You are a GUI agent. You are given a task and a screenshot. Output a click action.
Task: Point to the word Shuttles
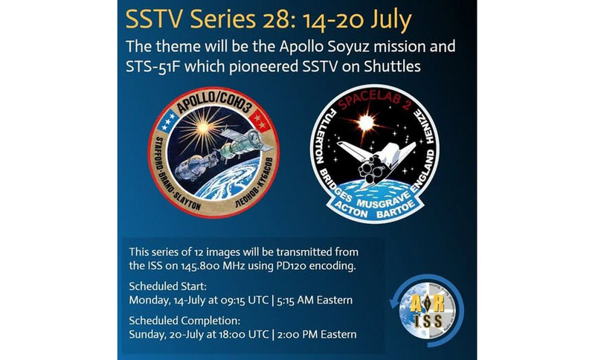coord(393,66)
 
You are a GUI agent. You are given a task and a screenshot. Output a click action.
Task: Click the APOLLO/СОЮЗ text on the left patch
coord(214,104)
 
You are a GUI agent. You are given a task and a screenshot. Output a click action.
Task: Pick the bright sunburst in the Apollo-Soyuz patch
coord(202,127)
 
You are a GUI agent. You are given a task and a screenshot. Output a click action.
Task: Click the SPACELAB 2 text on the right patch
coord(374,100)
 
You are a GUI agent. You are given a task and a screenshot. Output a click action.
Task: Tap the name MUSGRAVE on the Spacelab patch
coord(383,200)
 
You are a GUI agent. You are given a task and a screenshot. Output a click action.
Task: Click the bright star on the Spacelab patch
coord(366,123)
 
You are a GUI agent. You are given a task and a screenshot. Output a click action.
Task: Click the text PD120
coord(288,266)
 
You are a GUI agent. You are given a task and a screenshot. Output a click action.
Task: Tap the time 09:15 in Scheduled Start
coord(231,300)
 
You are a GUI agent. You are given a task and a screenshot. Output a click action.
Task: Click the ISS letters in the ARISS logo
coord(428,321)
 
